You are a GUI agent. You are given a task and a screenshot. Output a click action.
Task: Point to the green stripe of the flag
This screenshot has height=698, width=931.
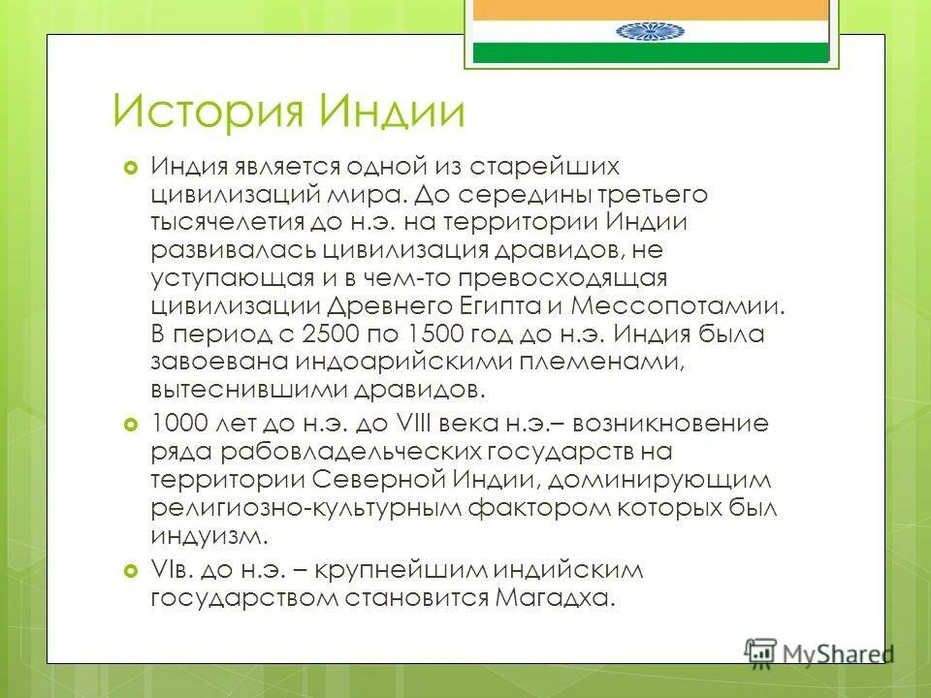(650, 52)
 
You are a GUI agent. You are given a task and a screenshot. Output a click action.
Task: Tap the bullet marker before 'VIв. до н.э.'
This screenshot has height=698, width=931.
(133, 570)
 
